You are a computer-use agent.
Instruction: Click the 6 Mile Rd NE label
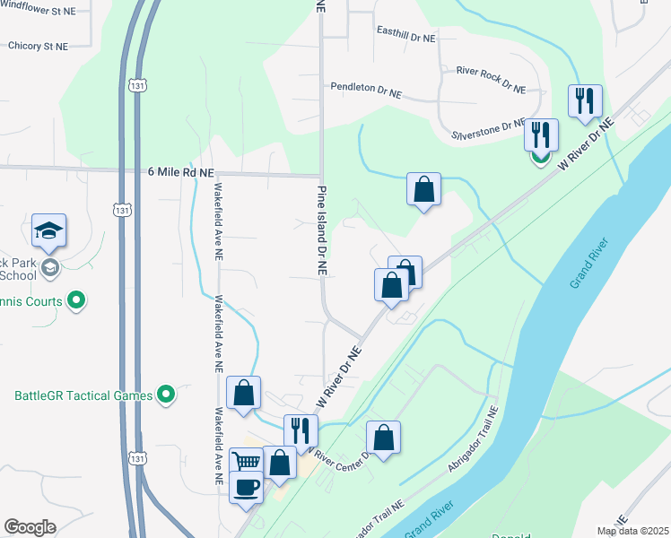point(180,172)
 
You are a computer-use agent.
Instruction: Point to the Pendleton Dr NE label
point(365,91)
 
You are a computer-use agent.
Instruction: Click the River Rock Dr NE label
point(490,78)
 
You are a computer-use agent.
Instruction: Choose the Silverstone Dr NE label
point(488,129)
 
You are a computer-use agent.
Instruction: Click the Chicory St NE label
point(38,46)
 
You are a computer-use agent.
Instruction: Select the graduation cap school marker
point(48,231)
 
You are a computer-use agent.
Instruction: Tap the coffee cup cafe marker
point(246,487)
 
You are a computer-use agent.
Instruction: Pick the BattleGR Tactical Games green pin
point(165,394)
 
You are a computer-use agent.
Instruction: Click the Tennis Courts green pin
point(76,300)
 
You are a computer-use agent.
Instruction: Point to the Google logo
point(30,526)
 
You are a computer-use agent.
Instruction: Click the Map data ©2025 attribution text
point(632,531)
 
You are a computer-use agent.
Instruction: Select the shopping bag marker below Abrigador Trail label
point(383,438)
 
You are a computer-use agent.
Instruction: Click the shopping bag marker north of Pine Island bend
point(423,190)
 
